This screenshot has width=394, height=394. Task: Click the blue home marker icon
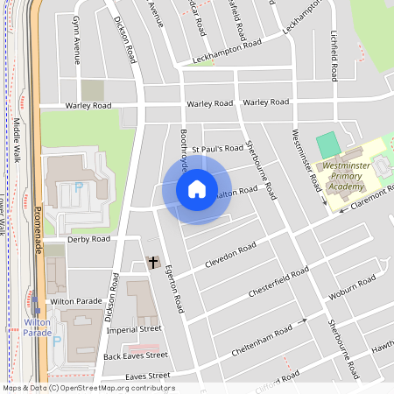(197, 189)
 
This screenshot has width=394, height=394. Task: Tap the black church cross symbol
(153, 262)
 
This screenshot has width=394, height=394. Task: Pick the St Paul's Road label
(217, 149)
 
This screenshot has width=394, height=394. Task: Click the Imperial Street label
(134, 330)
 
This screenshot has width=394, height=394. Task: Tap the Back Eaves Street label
(135, 355)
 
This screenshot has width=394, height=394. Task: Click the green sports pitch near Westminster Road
(327, 144)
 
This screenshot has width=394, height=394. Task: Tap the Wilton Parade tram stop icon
(37, 311)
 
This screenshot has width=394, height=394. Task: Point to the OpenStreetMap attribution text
(88, 388)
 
